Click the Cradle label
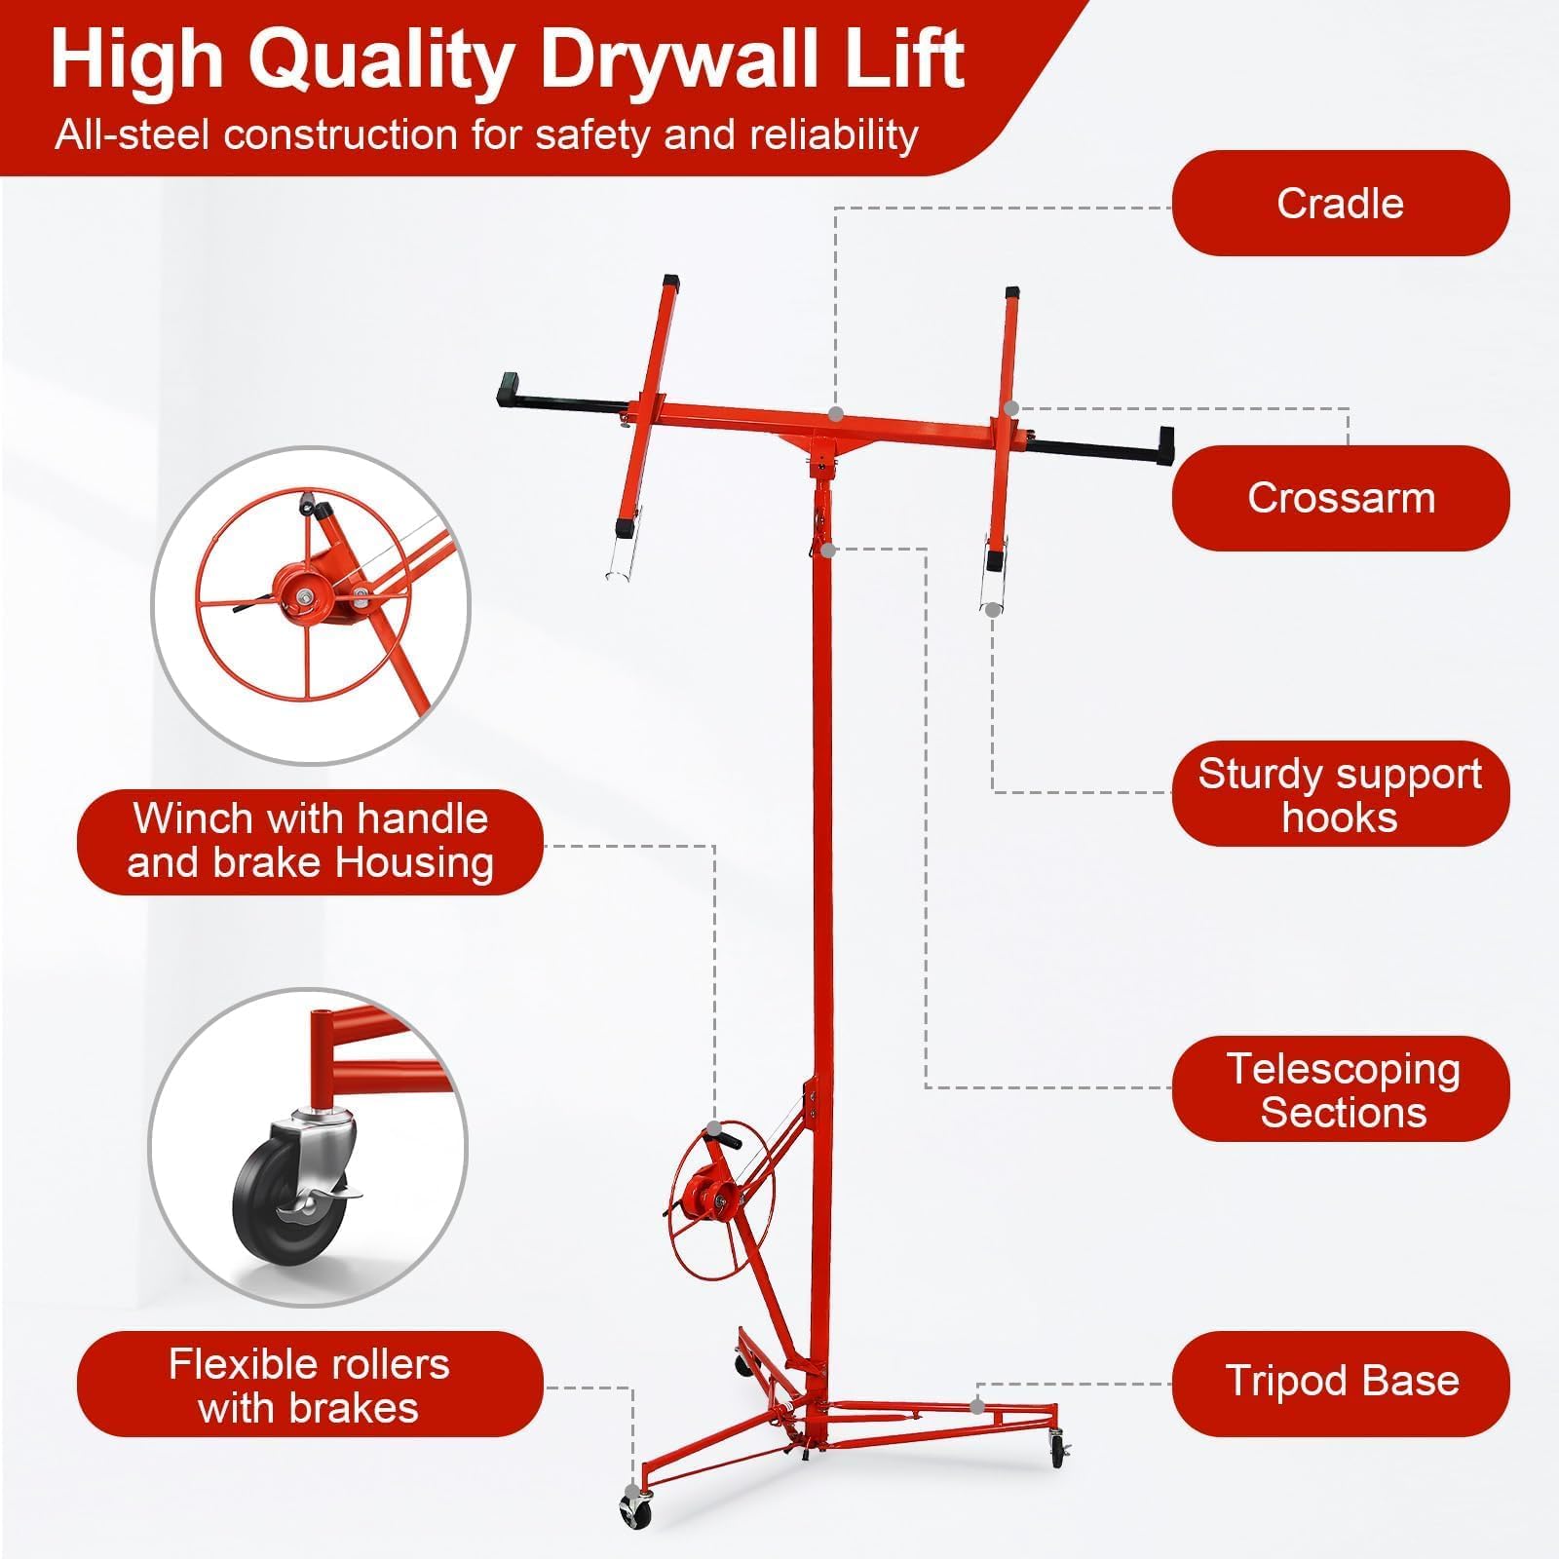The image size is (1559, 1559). coord(1340,203)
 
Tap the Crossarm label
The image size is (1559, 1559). coord(1340,498)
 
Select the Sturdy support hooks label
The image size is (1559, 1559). coord(1340,793)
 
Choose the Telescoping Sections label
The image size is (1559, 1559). coord(1340,1088)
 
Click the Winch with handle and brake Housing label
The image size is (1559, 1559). coord(310,841)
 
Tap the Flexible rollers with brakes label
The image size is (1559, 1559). coord(310,1385)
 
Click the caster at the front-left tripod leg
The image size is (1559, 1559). coord(635,1511)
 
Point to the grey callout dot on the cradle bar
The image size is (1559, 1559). coord(835,413)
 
